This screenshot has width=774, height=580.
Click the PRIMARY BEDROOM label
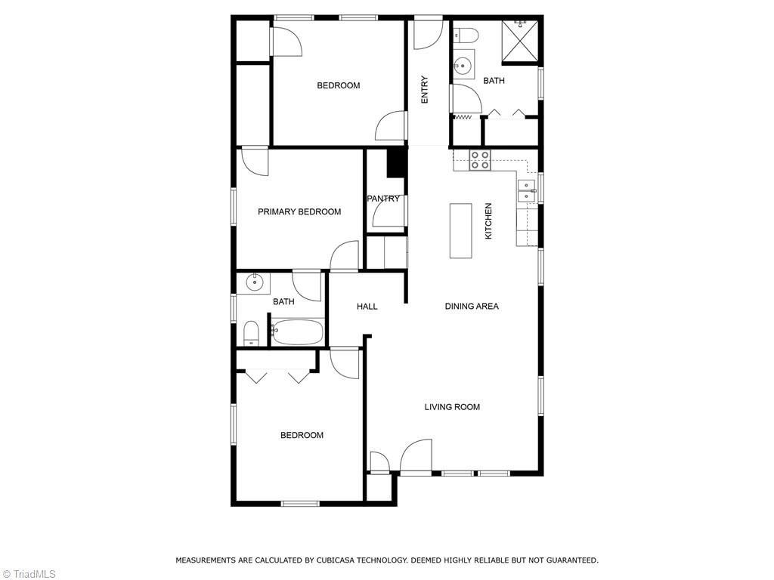299,212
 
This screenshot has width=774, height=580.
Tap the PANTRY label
383,199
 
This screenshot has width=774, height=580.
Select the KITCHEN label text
488,221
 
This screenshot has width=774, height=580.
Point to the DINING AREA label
471,307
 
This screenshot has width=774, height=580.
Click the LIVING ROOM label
452,407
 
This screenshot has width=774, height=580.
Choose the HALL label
367,307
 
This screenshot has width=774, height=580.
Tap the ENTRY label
425,90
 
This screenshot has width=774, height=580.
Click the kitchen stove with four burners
480,160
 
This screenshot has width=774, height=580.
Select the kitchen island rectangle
460,230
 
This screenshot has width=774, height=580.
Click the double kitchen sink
527,191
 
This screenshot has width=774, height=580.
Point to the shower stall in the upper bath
522,39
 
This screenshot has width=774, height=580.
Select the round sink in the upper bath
463,66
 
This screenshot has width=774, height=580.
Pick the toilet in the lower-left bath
251,332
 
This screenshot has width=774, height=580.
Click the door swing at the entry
426,33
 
